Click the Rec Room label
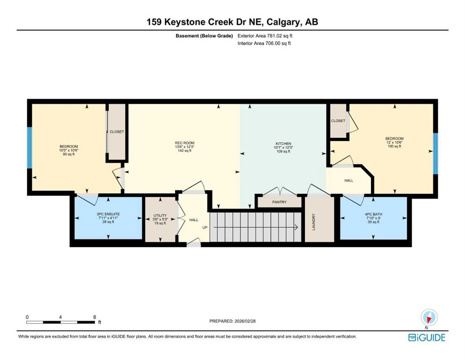(x=185, y=143)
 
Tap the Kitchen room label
(x=283, y=143)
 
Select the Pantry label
(x=280, y=202)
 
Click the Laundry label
(x=313, y=222)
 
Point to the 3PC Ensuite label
(x=108, y=214)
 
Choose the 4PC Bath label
(x=373, y=214)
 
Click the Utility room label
(x=160, y=216)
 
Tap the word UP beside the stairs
(x=205, y=228)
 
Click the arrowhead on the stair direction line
(x=296, y=228)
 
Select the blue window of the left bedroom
(x=30, y=148)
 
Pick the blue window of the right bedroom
(x=435, y=153)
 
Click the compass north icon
(x=429, y=317)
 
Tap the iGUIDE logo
(x=427, y=338)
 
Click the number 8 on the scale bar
(x=95, y=317)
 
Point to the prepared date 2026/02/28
(x=245, y=321)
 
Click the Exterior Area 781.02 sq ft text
(x=265, y=36)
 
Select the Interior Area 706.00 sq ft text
(x=264, y=43)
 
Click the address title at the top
(x=232, y=22)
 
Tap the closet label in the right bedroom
(x=338, y=121)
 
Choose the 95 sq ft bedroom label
(x=69, y=154)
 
